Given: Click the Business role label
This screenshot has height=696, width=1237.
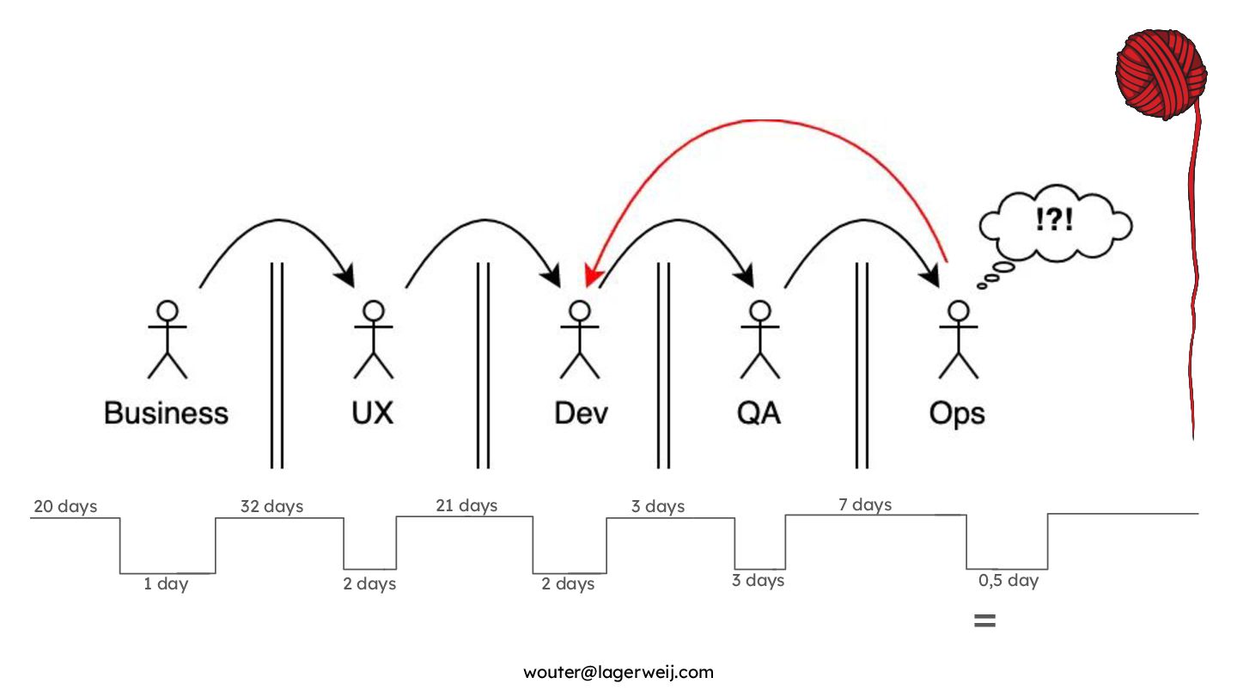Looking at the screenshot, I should [x=167, y=413].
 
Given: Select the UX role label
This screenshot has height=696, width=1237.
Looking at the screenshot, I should [x=373, y=413].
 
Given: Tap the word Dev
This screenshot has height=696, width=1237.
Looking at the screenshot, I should [x=581, y=413].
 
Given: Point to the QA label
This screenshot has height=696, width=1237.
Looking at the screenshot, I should [x=759, y=413].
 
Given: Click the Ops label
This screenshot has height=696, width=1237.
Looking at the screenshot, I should [x=957, y=413].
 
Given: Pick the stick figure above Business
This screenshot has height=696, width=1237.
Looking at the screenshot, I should [x=168, y=339].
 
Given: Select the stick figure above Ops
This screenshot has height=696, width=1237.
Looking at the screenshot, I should [x=958, y=339].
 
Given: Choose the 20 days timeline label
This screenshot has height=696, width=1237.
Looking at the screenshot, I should [x=65, y=507].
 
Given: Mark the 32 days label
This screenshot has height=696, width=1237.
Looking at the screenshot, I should [x=271, y=507].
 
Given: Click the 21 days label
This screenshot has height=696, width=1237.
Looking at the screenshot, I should [x=466, y=505].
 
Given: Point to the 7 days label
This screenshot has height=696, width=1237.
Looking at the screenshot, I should [x=865, y=504].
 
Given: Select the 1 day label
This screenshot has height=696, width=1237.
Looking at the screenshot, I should [x=166, y=584].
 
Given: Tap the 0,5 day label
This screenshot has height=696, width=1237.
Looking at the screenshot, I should [x=1008, y=581].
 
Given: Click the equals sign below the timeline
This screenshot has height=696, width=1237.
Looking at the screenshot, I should [x=984, y=620].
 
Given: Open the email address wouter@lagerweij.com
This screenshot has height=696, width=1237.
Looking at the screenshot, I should [x=618, y=672].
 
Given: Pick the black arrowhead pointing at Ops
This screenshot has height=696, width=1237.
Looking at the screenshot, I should [x=929, y=278].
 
